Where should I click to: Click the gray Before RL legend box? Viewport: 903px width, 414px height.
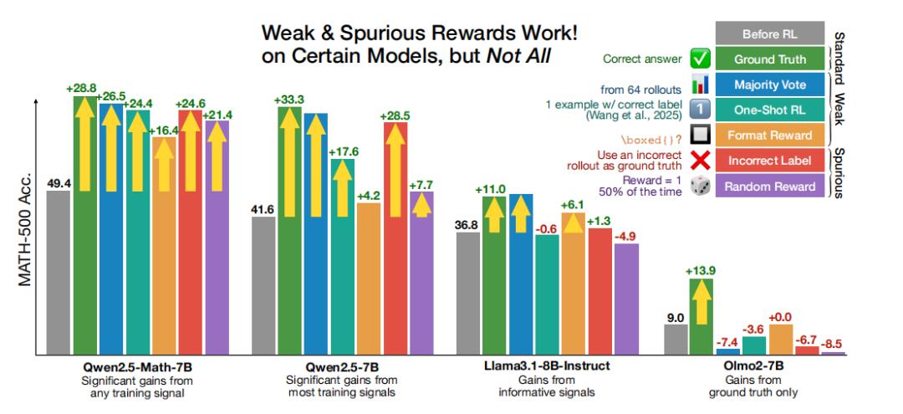pyautogui.click(x=769, y=34)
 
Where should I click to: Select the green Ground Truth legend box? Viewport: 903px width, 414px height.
pyautogui.click(x=769, y=59)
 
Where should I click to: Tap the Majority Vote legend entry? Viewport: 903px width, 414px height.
pyautogui.click(x=769, y=84)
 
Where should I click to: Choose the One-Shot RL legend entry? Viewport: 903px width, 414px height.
pyautogui.click(x=769, y=110)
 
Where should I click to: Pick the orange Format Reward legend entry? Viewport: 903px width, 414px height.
pyautogui.click(x=769, y=135)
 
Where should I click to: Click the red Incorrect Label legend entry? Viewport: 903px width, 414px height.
pyautogui.click(x=769, y=161)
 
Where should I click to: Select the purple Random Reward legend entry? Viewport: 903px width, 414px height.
pyautogui.click(x=769, y=186)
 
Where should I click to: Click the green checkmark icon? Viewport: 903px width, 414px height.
pyautogui.click(x=699, y=59)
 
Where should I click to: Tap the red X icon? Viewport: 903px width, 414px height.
pyautogui.click(x=699, y=161)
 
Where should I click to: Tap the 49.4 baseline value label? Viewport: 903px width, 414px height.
pyautogui.click(x=59, y=183)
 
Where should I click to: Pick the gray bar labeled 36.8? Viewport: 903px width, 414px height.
pyautogui.click(x=468, y=293)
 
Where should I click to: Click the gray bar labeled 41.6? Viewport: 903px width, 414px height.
pyautogui.click(x=264, y=284)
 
